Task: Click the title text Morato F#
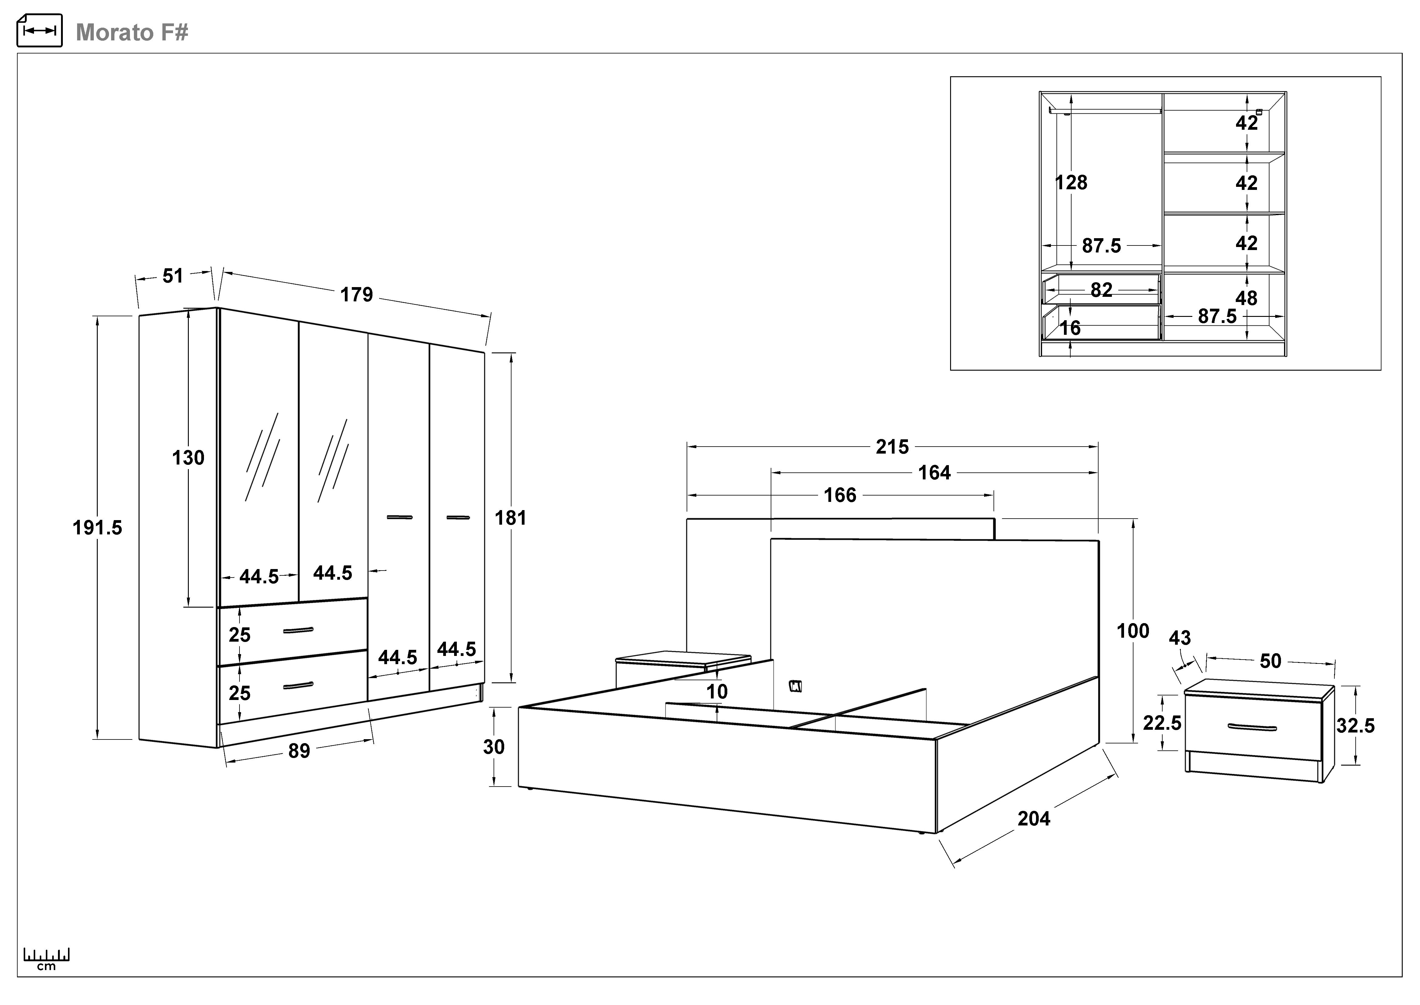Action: pos(132,32)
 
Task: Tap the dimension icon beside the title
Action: pos(39,30)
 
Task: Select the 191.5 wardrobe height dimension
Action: pos(98,528)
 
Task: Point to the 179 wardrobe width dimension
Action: pos(357,295)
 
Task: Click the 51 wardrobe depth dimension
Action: pos(173,276)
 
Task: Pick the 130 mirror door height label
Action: pos(188,458)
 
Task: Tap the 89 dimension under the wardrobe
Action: pos(299,751)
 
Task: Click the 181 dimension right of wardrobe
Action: pos(510,518)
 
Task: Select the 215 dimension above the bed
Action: pos(892,447)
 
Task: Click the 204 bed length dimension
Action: pos(1034,819)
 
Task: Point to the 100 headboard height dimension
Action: pos(1133,631)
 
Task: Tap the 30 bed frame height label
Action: pos(494,747)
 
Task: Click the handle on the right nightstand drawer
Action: pos(1252,727)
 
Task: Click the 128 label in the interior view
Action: pos(1071,183)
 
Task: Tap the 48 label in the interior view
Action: pos(1246,298)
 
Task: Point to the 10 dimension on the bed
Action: pos(717,691)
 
